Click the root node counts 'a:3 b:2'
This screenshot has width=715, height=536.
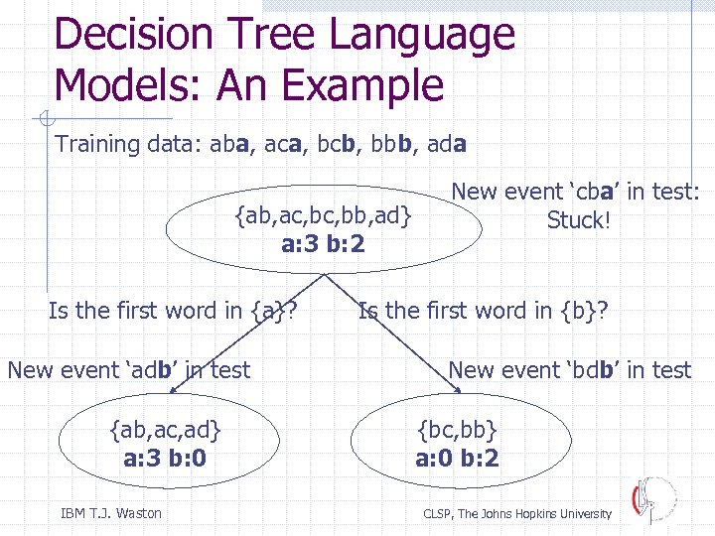[323, 241]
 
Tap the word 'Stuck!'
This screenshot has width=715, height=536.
[576, 220]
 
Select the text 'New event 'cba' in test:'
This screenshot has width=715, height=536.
[576, 192]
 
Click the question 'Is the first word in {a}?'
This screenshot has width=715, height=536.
[175, 312]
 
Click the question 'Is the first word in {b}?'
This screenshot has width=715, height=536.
[484, 312]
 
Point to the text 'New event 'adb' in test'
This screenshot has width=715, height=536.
[129, 370]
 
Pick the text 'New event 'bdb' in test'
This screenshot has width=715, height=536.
[569, 370]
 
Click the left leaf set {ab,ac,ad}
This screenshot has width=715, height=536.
[165, 430]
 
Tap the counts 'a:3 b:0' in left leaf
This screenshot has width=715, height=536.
[165, 459]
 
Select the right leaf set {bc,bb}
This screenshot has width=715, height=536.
[457, 430]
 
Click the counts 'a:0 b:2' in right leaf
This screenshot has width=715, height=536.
[457, 459]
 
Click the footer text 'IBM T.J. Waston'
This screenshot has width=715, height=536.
[111, 513]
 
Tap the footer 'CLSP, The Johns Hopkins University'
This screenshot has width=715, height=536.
[517, 513]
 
